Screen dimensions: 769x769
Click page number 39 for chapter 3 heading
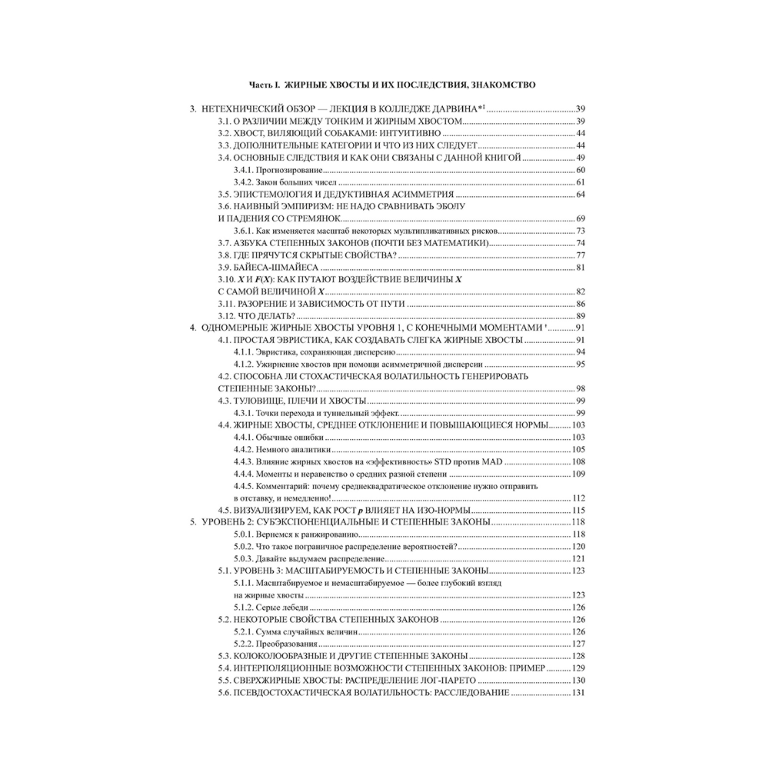point(581,109)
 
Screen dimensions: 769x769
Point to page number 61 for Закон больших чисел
point(581,181)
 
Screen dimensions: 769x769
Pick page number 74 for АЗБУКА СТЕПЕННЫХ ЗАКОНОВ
point(581,242)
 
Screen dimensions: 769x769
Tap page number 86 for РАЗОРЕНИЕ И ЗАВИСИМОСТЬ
point(581,304)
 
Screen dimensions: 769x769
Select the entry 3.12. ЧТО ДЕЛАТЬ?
point(256,316)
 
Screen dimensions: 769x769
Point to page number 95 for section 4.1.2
point(581,365)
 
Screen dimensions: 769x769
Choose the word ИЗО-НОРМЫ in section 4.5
point(439,511)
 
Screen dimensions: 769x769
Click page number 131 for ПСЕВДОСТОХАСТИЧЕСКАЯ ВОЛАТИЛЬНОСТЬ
point(578,694)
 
